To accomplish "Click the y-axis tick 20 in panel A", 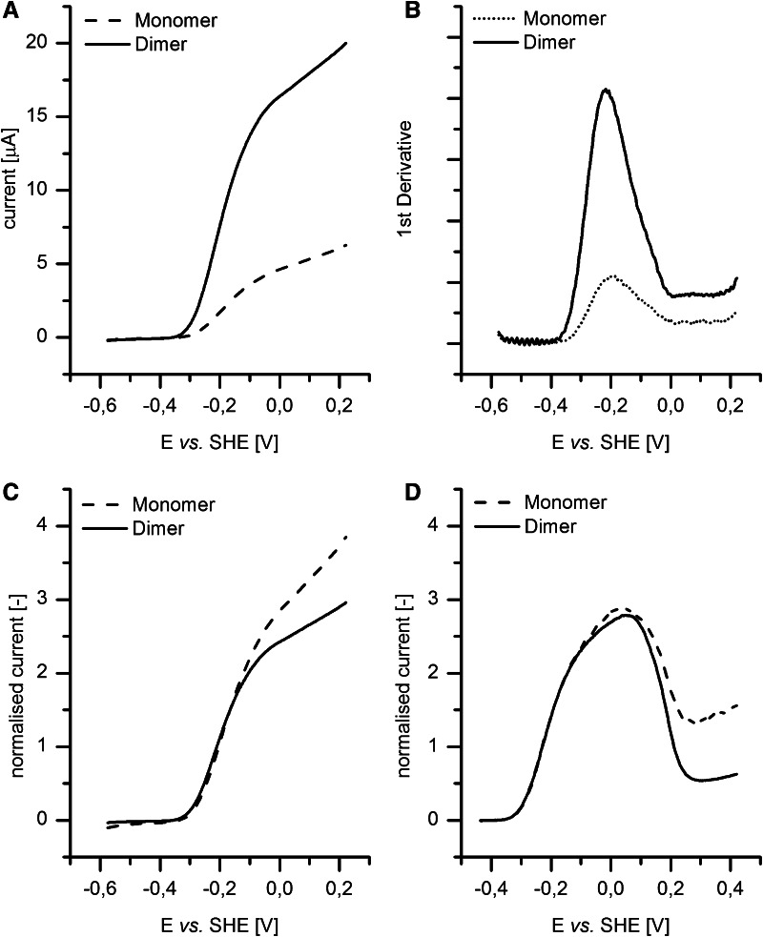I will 48,44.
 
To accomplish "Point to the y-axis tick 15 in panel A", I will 48,117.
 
